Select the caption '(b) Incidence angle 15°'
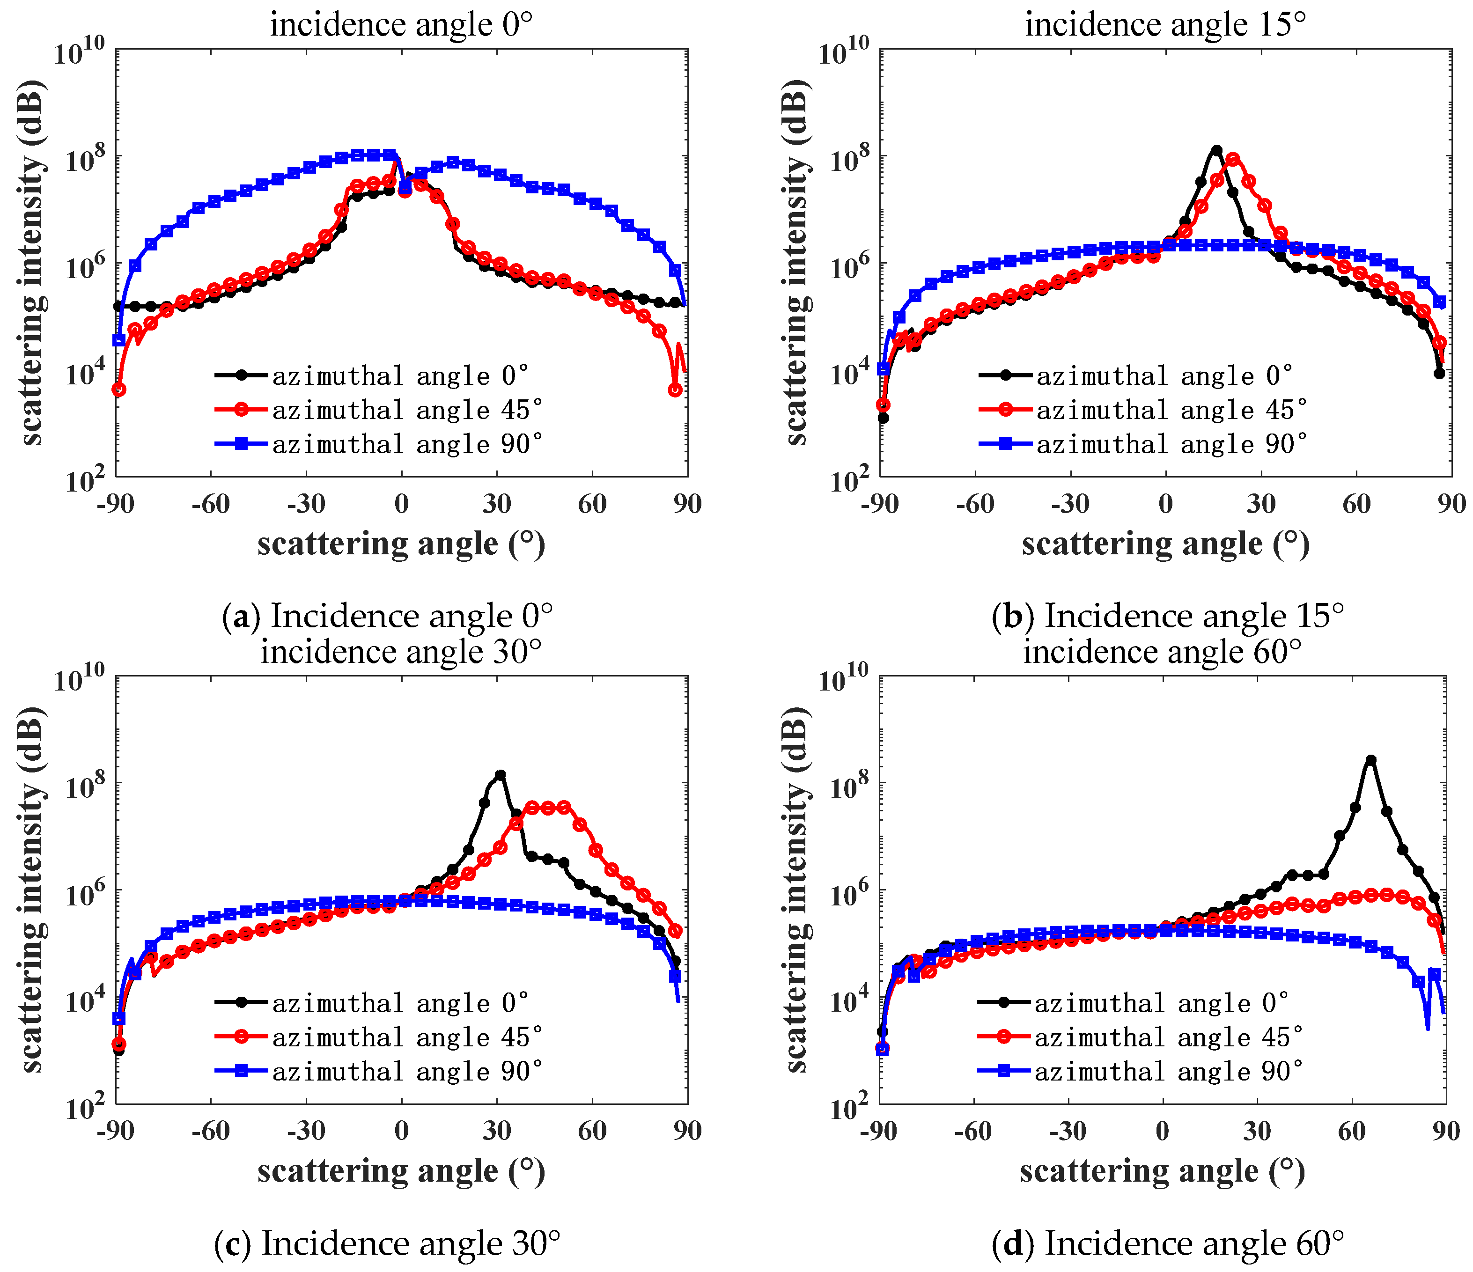pos(1167,616)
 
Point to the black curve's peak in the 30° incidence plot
pos(501,775)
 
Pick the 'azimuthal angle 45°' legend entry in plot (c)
pos(406,1037)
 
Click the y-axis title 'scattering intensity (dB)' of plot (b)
pos(798,263)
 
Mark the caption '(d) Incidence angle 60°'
pos(1167,1243)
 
